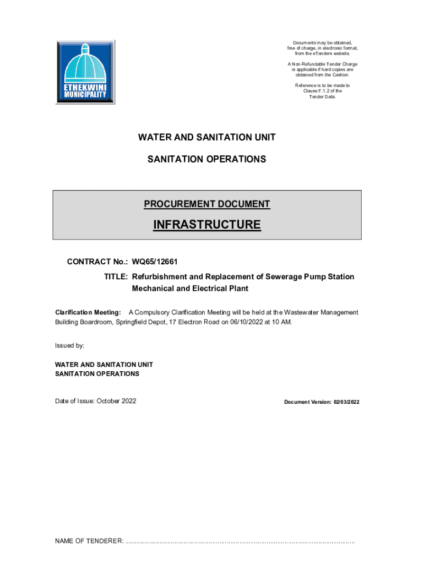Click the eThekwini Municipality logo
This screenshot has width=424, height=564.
coord(85,72)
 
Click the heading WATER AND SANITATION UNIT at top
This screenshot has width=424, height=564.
coord(206,137)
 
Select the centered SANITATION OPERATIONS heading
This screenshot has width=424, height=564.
coord(206,159)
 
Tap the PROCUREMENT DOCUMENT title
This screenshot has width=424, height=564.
coord(207,204)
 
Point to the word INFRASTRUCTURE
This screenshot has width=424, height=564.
coord(207,225)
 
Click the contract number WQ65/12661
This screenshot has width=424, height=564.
coord(155,262)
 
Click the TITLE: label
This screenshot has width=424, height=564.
coord(116,276)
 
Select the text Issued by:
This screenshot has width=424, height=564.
coord(69,345)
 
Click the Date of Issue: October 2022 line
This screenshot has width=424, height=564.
coord(95,401)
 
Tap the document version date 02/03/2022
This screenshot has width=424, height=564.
coord(345,402)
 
